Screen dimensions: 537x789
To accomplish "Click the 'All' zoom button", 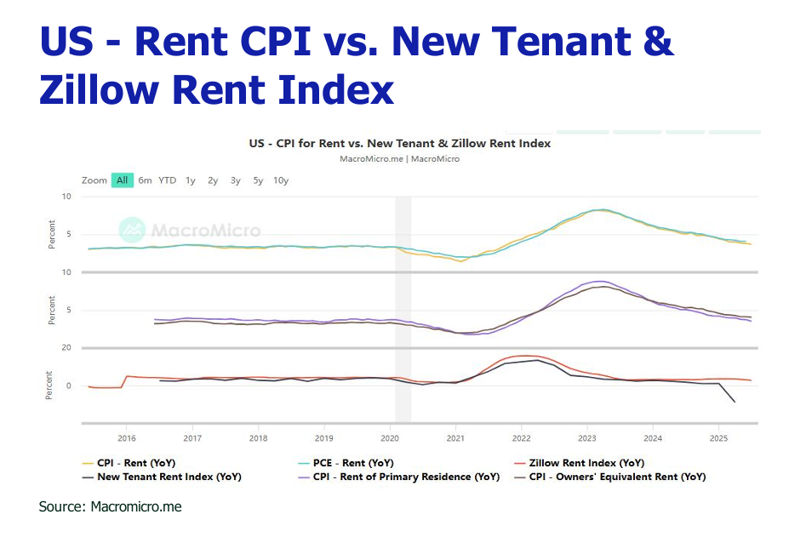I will [123, 180].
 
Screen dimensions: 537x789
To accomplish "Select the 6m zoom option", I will [145, 180].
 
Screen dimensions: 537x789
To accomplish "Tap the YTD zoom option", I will [168, 180].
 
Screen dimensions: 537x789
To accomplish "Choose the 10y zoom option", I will [281, 180].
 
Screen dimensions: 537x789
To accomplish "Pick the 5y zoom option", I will [258, 180].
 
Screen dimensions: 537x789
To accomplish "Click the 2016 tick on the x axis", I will [127, 439].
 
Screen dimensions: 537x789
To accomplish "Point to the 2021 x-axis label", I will [456, 439].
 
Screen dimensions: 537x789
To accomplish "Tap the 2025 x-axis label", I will [718, 439].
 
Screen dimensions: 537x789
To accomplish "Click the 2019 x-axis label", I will [323, 439].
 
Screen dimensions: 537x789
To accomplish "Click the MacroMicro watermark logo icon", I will [132, 230].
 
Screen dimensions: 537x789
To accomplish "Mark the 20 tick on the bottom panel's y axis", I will [66, 347].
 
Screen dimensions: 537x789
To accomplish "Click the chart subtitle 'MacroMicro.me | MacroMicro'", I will [399, 158].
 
